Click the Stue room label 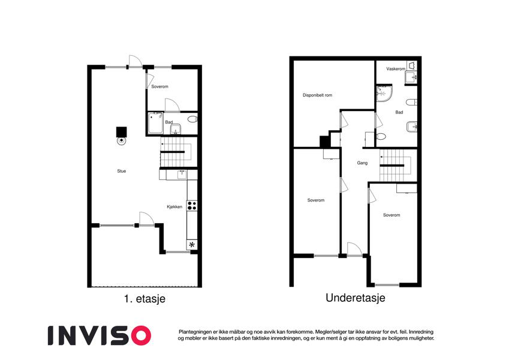pyautogui.click(x=122, y=171)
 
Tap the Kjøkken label pyautogui.click(x=174, y=206)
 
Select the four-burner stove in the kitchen pyautogui.click(x=192, y=206)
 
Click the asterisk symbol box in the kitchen pyautogui.click(x=192, y=245)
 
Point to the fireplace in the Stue pyautogui.click(x=122, y=135)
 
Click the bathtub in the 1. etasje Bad pyautogui.click(x=155, y=123)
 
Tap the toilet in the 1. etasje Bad pyautogui.click(x=192, y=119)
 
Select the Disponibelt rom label pyautogui.click(x=317, y=95)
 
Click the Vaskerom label pyautogui.click(x=396, y=69)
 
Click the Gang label pyautogui.click(x=362, y=163)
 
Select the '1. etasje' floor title pyautogui.click(x=144, y=299)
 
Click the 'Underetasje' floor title pyautogui.click(x=356, y=298)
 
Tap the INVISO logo pyautogui.click(x=100, y=335)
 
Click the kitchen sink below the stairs pyautogui.click(x=182, y=175)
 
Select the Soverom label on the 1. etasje pyautogui.click(x=159, y=87)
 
